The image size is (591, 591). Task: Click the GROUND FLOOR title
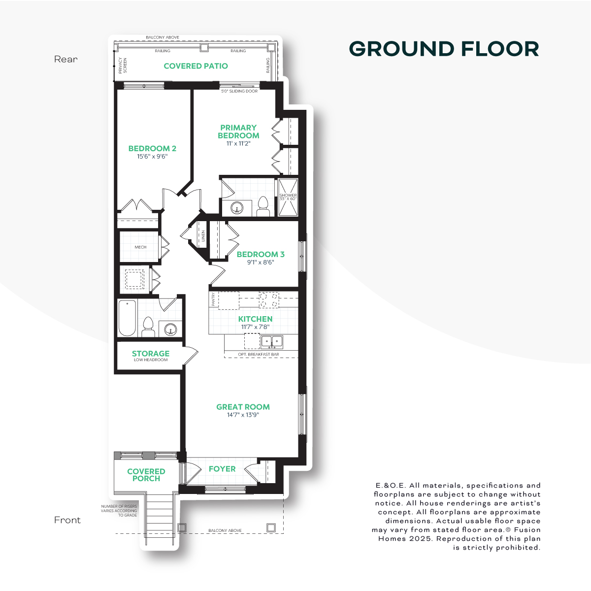tap(444, 49)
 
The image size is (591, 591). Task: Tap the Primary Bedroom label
tap(238, 131)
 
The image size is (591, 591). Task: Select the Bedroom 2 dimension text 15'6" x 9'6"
tap(152, 157)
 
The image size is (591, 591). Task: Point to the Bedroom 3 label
tap(261, 254)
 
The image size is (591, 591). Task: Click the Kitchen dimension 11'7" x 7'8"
tap(255, 327)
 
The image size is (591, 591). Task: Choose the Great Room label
tap(243, 407)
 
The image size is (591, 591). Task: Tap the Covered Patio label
tap(196, 66)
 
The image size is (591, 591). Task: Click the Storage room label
tap(151, 353)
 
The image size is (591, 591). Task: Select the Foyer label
tap(222, 469)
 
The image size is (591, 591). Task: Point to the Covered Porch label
tap(146, 475)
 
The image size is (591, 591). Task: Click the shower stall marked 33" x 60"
tap(288, 197)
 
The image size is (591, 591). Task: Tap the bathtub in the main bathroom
tap(127, 318)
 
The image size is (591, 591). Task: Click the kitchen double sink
tap(272, 342)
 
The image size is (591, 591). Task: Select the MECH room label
tap(140, 247)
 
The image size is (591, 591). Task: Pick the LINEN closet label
tap(203, 236)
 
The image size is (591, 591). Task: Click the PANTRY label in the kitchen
tap(213, 299)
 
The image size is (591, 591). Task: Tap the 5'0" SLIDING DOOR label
tap(239, 91)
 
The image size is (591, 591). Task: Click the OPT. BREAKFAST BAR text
tap(259, 354)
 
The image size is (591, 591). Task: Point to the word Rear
tap(66, 59)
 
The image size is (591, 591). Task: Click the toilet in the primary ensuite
tap(263, 206)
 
